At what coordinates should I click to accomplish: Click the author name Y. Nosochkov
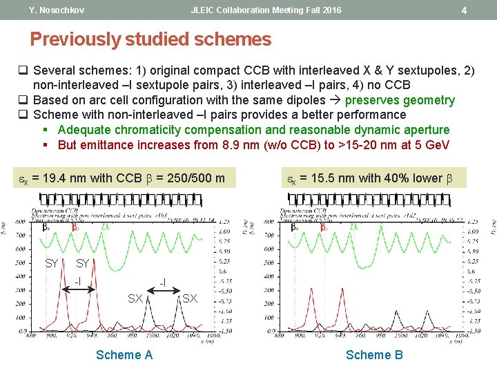57,10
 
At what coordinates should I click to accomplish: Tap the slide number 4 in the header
464,10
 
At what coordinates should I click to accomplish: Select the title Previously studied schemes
150,39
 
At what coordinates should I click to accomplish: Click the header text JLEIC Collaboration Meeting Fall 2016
266,10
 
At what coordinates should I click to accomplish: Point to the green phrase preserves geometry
400,100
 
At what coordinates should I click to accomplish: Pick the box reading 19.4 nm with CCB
121,178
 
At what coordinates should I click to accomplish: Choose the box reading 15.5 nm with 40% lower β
369,178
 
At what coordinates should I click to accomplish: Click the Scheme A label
124,355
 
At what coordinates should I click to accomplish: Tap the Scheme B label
374,355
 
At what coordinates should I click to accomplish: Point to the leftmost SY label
52,263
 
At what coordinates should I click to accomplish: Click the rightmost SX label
191,298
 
